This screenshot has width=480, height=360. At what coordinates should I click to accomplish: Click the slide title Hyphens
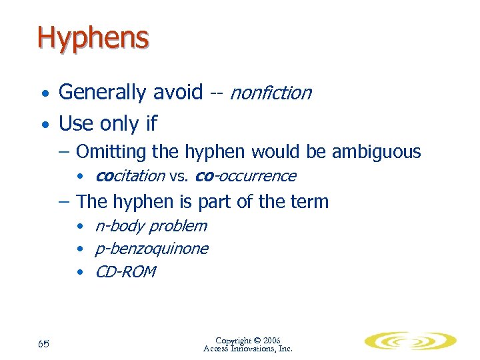93,38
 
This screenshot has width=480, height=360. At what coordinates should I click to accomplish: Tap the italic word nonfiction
270,93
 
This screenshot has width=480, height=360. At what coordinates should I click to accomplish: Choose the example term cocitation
130,176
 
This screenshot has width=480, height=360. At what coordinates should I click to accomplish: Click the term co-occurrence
245,176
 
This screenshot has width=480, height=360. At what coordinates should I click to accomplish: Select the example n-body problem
151,226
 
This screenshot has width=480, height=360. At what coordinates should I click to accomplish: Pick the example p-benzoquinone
152,249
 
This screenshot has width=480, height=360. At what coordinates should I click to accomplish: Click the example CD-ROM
125,271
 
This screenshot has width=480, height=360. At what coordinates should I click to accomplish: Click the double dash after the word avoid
216,93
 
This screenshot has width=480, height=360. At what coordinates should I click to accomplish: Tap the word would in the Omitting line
277,152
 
